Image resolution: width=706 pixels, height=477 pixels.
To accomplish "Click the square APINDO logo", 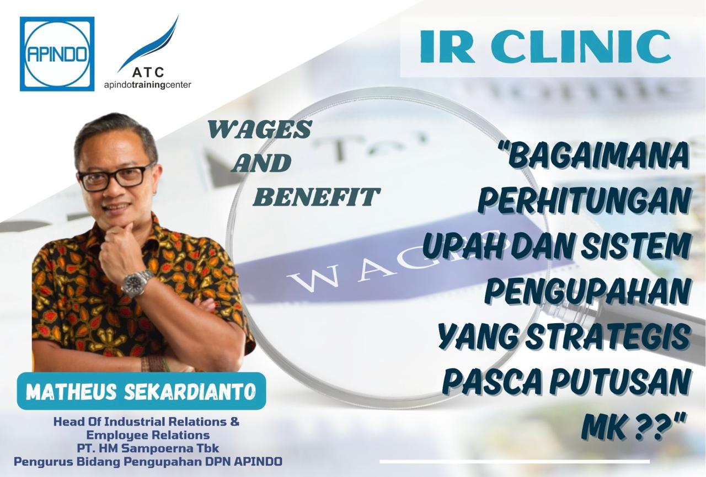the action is point(57,54).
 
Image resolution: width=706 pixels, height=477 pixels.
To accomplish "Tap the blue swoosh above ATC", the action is point(148,44).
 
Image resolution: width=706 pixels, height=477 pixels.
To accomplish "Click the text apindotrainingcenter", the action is point(148,85).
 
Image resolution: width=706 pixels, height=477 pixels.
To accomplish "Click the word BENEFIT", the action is point(316,197).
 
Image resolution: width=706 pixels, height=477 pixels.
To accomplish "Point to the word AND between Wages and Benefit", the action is point(260,163).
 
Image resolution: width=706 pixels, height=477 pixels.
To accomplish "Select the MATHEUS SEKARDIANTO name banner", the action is point(141,391).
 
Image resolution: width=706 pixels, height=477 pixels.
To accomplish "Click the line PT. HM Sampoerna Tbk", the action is point(148,448).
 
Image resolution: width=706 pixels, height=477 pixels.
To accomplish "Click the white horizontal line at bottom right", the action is point(515,462).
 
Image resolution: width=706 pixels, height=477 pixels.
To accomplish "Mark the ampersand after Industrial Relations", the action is point(235,421).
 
